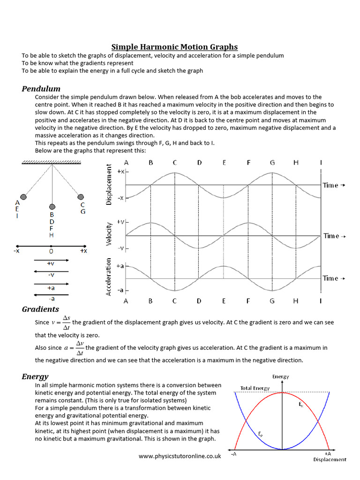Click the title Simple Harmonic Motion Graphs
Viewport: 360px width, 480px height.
pos(174,47)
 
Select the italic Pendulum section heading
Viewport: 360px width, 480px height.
pos(41,89)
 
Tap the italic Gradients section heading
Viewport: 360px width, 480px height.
pos(40,309)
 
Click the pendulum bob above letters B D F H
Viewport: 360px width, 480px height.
pos(52,207)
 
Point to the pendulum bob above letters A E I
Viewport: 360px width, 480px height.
pos(23,197)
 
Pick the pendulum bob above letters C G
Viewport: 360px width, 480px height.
pos(81,197)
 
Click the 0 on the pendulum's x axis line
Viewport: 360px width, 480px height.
pos(51,251)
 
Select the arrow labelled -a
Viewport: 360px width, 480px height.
pos(51,295)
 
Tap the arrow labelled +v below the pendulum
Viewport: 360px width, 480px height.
pos(51,260)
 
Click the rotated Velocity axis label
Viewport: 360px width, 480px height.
pos(109,234)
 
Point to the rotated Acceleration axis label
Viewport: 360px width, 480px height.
pos(109,277)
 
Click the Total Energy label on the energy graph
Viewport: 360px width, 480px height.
pos(255,388)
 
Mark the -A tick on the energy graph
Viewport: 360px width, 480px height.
pos(233,454)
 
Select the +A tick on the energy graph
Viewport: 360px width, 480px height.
pos(328,454)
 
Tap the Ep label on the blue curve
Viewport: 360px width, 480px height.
pos(261,434)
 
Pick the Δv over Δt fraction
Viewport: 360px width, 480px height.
pos(79,348)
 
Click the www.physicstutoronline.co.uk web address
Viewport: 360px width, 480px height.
pos(180,456)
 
